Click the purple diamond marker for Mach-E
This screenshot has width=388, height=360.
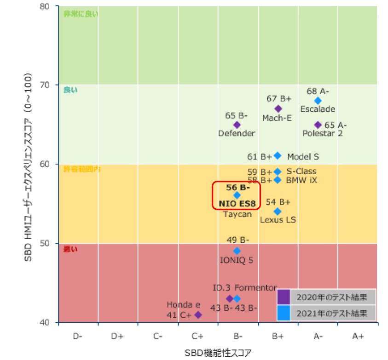coord(278,109)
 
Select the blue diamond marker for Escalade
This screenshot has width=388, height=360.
coord(318,101)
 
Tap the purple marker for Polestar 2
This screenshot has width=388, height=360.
coord(318,125)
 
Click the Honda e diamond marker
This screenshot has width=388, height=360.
coord(198,314)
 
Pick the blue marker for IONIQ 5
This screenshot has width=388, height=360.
coord(237,251)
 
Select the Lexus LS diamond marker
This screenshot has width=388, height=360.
coord(278,211)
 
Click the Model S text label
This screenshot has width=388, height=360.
coord(303,157)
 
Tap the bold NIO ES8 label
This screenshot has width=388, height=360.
coord(237,203)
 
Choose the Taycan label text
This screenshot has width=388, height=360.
coord(237,214)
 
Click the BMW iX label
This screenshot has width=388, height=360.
coord(301,180)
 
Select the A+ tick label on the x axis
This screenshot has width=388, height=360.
coord(358,336)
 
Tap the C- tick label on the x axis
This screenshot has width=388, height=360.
coord(157,336)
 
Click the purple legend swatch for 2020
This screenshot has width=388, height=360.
coord(284,297)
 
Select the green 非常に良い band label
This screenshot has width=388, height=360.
coord(81,13)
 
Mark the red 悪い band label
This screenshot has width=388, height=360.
coord(70,249)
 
